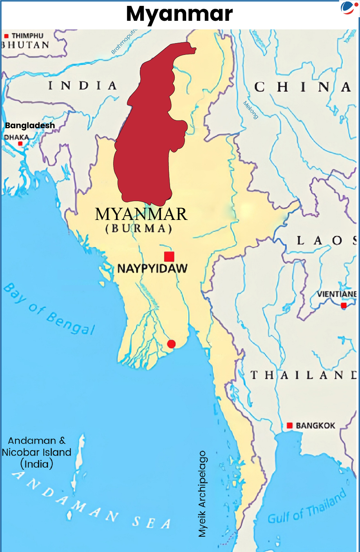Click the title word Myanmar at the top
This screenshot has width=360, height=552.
[x=179, y=14]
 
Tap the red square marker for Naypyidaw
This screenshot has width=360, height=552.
[x=169, y=256]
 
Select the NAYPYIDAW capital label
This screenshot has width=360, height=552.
[x=152, y=269]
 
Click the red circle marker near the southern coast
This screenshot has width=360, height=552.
[x=171, y=344]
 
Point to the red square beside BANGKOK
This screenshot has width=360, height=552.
[x=289, y=425]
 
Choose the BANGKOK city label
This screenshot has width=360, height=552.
[x=315, y=426]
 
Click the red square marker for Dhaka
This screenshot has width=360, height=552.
[x=20, y=144]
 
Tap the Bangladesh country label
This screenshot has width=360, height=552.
[x=30, y=125]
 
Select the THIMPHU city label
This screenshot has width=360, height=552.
[x=27, y=36]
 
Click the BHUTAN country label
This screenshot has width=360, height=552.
[x=25, y=45]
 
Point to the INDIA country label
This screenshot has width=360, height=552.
[x=82, y=85]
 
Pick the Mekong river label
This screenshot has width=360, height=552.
[x=251, y=110]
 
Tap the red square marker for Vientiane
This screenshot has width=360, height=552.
[x=344, y=305]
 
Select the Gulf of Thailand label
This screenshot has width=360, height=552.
[x=307, y=507]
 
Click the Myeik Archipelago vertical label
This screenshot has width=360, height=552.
[x=202, y=494]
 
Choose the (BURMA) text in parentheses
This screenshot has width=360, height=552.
[x=139, y=229]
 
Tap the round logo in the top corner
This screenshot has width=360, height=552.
[x=347, y=8]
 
